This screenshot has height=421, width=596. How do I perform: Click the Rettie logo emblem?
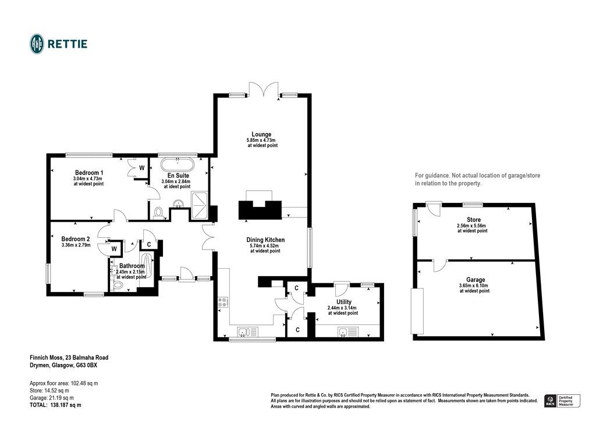pos(37,44)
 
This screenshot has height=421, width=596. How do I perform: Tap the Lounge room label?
pos(261,134)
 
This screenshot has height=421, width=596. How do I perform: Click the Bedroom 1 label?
pos(88,173)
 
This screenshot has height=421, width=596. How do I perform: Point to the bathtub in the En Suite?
pos(178,162)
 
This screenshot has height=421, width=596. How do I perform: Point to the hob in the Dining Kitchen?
pos(222,302)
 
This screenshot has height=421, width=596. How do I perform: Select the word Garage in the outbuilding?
pos(475,280)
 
